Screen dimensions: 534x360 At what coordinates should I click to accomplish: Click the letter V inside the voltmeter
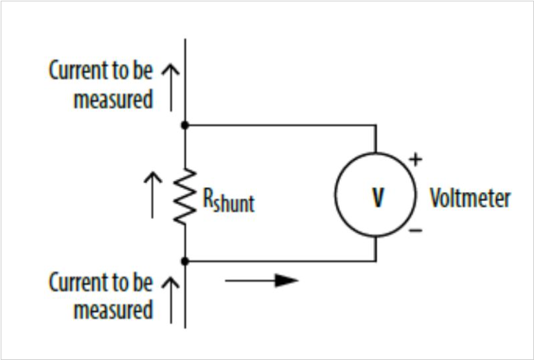[378, 198]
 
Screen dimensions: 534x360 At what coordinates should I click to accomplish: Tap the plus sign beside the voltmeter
[415, 160]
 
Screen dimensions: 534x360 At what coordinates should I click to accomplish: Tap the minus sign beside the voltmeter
[415, 231]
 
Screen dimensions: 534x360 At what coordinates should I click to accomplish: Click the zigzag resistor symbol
[185, 196]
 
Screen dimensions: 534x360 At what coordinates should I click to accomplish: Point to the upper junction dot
[185, 125]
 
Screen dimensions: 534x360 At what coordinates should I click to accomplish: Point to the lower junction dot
[185, 261]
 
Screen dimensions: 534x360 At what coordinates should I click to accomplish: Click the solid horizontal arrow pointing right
[262, 281]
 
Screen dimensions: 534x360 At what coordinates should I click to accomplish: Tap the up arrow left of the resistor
[153, 195]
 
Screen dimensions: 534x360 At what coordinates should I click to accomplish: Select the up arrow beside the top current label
[170, 88]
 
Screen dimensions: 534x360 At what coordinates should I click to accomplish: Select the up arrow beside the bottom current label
[170, 300]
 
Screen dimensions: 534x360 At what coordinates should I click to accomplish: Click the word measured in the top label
[113, 99]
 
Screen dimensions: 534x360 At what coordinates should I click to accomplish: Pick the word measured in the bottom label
[113, 310]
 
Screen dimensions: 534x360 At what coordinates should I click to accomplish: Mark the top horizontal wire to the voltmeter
[280, 125]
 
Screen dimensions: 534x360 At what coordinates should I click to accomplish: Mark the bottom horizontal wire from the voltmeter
[280, 261]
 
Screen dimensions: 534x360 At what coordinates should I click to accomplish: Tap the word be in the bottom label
[142, 282]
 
